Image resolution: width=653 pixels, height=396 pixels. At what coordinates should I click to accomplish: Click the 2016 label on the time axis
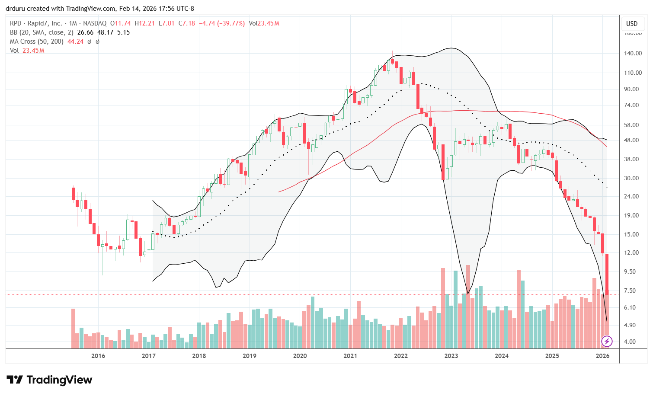click(x=98, y=356)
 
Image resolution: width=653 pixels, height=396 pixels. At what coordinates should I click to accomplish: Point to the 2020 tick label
click(x=300, y=356)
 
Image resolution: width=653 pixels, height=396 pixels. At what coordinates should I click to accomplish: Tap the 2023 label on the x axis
click(x=451, y=356)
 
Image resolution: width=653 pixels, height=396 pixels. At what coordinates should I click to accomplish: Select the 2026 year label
click(x=602, y=356)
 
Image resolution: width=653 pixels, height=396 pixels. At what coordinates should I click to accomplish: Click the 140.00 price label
click(x=633, y=54)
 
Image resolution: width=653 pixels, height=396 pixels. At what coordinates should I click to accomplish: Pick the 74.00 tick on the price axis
click(x=633, y=105)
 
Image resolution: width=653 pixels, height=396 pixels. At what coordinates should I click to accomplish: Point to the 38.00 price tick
click(x=633, y=159)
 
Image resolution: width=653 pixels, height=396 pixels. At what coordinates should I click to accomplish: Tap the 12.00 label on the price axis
click(x=633, y=253)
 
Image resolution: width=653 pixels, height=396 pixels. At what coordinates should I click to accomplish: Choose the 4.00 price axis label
click(x=633, y=342)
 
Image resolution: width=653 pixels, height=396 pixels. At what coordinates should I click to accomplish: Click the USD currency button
click(x=632, y=24)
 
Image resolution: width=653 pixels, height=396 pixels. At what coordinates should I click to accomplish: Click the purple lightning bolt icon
click(x=607, y=342)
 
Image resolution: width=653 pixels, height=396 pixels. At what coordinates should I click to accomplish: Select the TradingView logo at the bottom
click(x=49, y=380)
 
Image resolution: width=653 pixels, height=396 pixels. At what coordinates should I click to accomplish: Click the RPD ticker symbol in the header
click(x=16, y=23)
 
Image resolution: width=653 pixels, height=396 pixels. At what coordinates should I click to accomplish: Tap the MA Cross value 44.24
click(x=75, y=42)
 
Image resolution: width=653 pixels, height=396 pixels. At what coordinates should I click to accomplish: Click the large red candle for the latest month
click(x=607, y=275)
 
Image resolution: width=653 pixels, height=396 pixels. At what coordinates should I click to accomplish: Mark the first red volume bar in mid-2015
click(x=73, y=329)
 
